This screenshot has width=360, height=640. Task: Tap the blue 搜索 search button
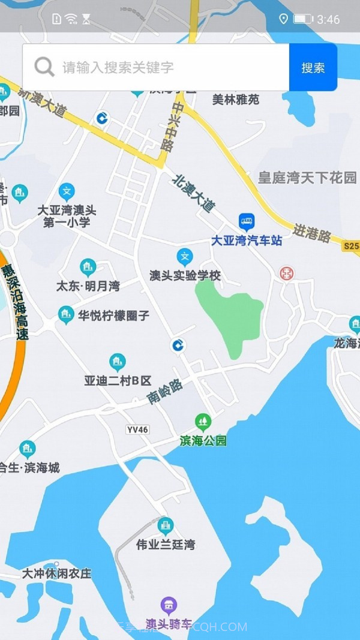pos(313,68)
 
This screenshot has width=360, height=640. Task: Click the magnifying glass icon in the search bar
pos(44,67)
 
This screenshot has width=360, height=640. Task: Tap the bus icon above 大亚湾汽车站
pos(246,222)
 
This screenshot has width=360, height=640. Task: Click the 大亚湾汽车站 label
pos(246,241)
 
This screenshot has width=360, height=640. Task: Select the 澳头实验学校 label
pos(185,275)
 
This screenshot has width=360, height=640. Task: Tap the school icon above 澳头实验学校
pos(185,257)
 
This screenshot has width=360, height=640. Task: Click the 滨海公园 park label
pos(203,441)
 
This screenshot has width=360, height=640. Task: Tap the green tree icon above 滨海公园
pos(203,422)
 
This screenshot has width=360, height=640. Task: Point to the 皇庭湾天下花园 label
pos(307,178)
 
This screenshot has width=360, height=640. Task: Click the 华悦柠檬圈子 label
pos(113,315)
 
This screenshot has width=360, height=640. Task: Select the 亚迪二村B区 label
pos(118,380)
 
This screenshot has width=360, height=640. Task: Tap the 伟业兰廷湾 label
pos(165,545)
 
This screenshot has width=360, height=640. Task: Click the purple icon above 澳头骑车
pos(169,605)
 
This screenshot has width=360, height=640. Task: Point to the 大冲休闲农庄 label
pos(57,573)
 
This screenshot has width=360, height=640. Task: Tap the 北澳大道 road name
pos(193,193)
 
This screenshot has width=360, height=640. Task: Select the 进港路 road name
pos(312,233)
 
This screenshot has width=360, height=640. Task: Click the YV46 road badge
pos(138,429)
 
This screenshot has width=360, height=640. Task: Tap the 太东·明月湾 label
pos(88,286)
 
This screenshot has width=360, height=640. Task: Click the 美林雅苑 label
pos(236,100)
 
